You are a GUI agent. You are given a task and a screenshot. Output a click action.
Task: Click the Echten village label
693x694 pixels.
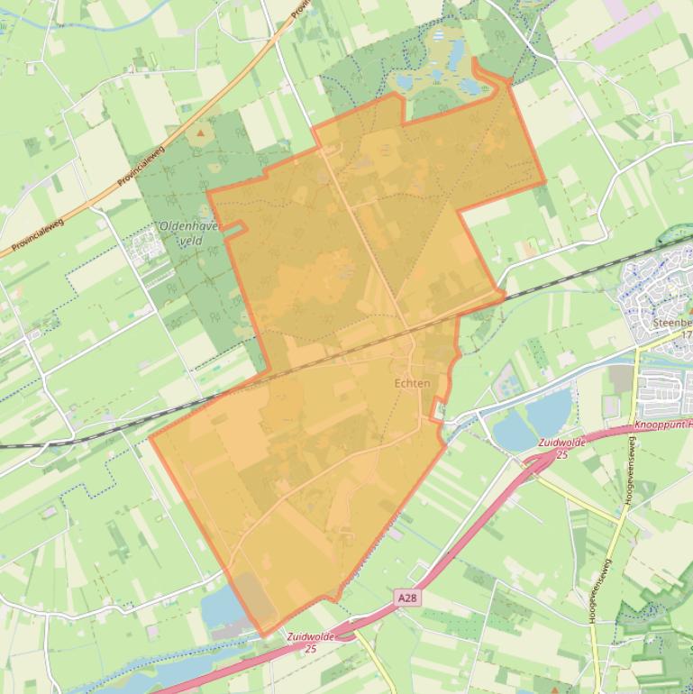click(x=412, y=383)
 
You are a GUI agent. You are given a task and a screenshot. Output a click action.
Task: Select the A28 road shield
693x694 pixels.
click(x=407, y=598)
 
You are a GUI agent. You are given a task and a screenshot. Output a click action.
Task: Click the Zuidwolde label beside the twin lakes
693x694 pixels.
click(x=562, y=448)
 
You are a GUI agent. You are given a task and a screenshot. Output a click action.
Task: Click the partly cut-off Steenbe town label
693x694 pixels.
click(x=672, y=322)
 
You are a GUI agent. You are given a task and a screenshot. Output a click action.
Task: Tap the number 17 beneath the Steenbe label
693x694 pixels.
click(x=686, y=334)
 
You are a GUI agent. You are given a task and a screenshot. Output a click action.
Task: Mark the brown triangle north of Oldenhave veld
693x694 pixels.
click(x=200, y=132)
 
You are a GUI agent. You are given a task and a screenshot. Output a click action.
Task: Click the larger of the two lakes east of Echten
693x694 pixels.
click(x=549, y=413)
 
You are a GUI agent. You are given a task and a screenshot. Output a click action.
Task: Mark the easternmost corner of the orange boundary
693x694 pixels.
click(x=545, y=183)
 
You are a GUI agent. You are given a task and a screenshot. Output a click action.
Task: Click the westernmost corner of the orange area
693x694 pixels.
click(x=150, y=437)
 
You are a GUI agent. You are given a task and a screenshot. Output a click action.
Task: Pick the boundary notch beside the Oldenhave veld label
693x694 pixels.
click(x=236, y=229)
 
